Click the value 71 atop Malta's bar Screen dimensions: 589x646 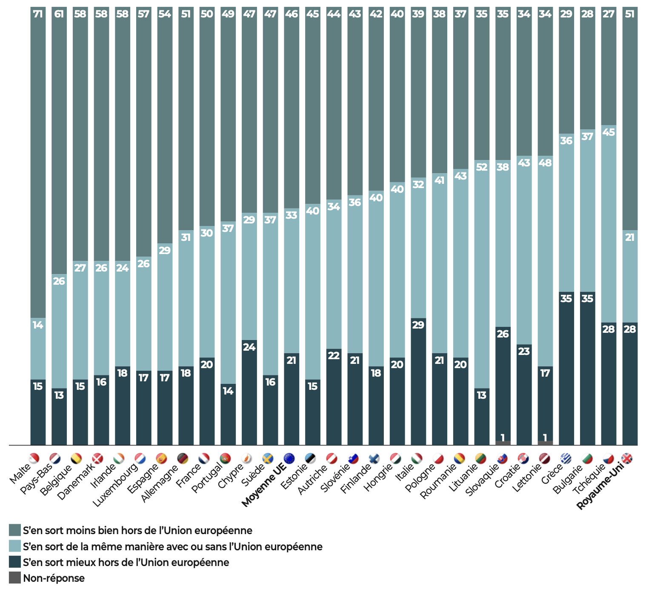38,14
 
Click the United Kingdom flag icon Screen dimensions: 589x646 627,458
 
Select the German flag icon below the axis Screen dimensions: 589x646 183,458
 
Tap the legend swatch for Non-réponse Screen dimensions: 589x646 15,578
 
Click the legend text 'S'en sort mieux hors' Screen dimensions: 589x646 126,562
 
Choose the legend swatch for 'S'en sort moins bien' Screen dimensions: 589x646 15,530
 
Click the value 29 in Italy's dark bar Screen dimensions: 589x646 418,325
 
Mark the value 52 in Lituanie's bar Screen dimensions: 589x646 481,167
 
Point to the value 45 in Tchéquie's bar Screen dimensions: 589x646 608,132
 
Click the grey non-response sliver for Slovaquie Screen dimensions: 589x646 503,443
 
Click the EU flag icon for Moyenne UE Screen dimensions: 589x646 289,458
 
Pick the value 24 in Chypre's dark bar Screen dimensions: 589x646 249,347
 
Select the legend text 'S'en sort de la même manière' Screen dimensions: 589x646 172,546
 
